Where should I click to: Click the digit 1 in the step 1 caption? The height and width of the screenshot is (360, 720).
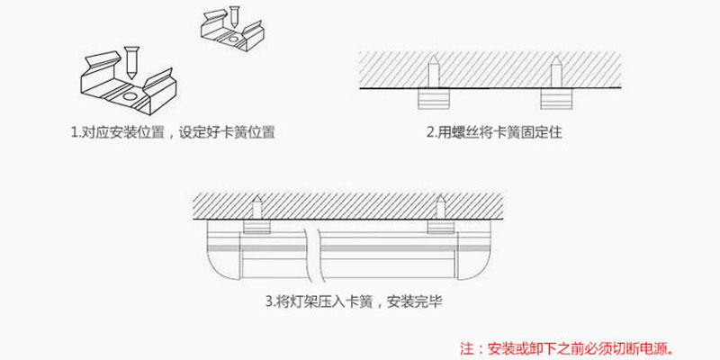point(74,132)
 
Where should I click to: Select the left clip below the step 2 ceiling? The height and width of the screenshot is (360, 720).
point(433,98)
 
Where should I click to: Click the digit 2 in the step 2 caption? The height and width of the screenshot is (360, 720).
point(430,132)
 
